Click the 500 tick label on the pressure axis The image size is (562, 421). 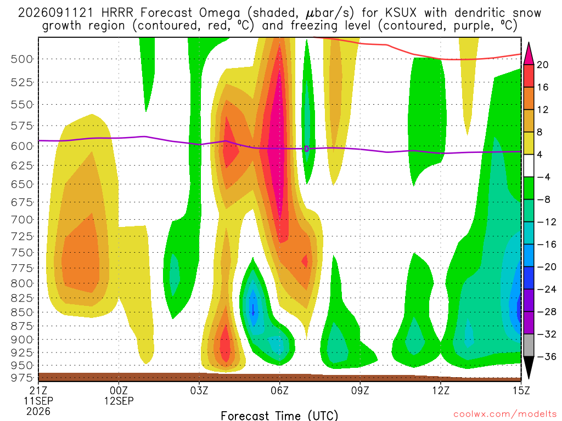[x=21, y=59]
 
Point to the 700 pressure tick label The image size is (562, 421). [x=21, y=220]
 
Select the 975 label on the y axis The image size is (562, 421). [x=21, y=378]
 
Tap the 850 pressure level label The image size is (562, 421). [x=21, y=312]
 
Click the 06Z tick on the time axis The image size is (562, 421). [x=279, y=390]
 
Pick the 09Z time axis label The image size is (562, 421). [x=360, y=390]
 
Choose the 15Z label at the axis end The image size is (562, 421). [x=521, y=390]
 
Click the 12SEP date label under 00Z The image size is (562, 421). [x=119, y=401]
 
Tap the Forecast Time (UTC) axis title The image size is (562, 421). [x=279, y=416]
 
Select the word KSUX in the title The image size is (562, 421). [x=401, y=13]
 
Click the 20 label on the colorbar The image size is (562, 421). [x=543, y=65]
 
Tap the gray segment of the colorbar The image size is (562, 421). [x=529, y=345]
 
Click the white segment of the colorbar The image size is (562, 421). [x=529, y=166]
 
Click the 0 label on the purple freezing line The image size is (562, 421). [x=306, y=149]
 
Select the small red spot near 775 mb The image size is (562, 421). [x=305, y=261]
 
